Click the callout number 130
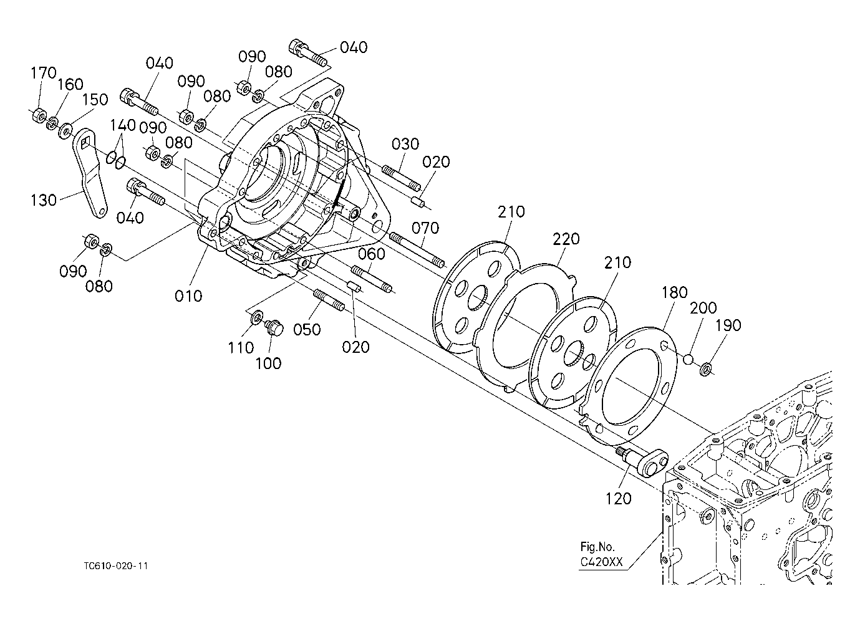coord(44,200)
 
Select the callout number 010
coord(188,296)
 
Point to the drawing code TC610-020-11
coord(117,566)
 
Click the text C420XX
coord(601,562)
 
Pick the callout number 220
coord(566,239)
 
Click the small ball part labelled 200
coord(688,359)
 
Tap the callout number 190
coord(728,325)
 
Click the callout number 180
coord(675,293)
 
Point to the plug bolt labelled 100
coord(274,327)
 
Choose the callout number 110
coord(241,348)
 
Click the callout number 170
coord(44,72)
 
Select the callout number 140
coord(123,125)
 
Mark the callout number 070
coord(425,228)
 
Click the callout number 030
coord(405,144)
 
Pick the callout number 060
coord(372,254)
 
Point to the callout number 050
coord(307,330)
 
